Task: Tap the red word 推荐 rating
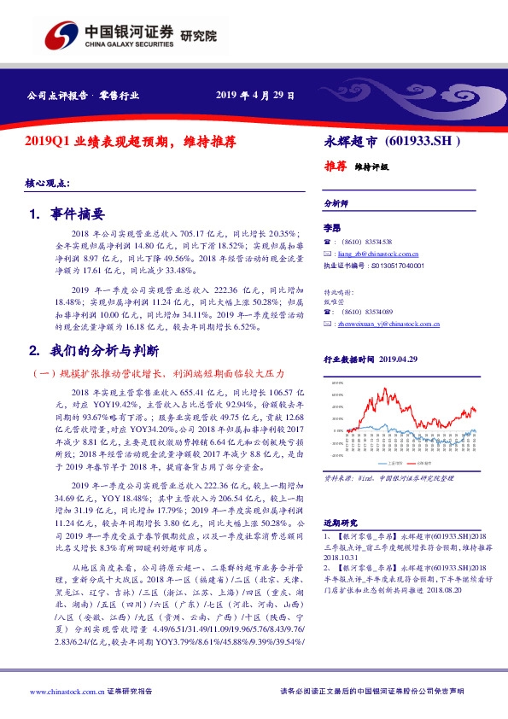point(336,167)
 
